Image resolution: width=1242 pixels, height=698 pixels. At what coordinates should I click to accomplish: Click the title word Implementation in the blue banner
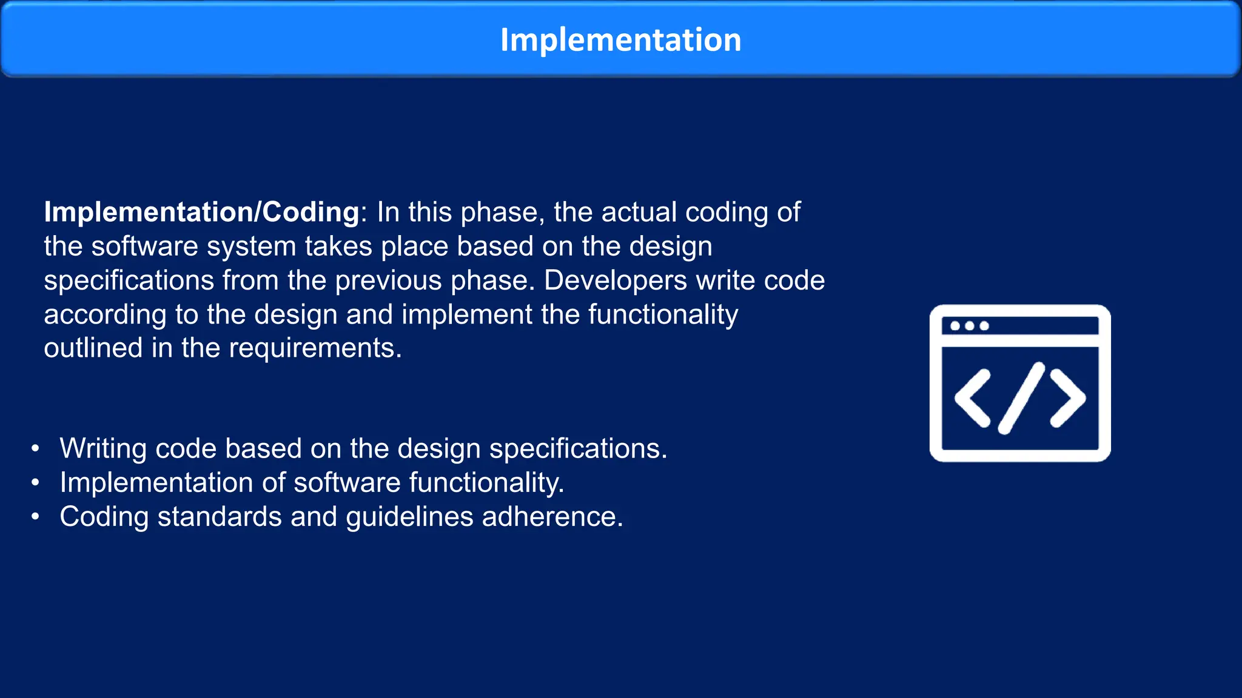click(620, 40)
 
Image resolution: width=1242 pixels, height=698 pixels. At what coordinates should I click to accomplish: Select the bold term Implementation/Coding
click(201, 213)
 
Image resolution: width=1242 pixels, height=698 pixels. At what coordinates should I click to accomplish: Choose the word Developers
click(615, 281)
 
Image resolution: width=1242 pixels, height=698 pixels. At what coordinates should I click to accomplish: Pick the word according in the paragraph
click(105, 315)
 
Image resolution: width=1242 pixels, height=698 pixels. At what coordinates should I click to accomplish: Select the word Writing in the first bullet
click(103, 449)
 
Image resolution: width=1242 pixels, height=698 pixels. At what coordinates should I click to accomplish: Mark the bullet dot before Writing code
click(36, 449)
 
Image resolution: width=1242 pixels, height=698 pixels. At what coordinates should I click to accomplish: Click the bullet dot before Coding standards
click(36, 517)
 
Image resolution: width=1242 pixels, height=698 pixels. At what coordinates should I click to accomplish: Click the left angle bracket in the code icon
click(972, 398)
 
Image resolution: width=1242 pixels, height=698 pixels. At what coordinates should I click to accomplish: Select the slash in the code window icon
click(1021, 398)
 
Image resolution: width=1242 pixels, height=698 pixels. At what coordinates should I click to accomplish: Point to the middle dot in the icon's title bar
click(969, 326)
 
